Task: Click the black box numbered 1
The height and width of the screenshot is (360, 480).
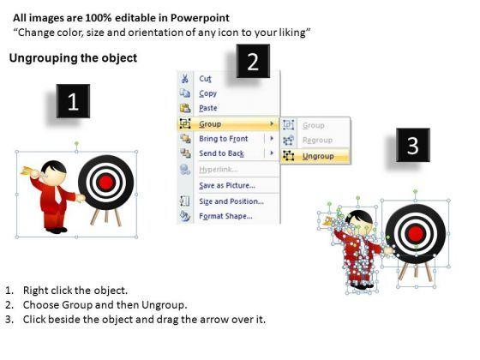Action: click(73, 101)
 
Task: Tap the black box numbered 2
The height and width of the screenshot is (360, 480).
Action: click(253, 61)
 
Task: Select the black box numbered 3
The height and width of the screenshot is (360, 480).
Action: click(413, 145)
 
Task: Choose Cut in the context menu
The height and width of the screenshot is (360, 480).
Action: click(205, 79)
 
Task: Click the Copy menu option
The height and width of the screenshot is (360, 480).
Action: click(207, 93)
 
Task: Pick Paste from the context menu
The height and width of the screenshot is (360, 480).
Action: click(208, 108)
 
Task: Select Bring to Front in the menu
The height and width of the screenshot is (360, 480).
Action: click(224, 139)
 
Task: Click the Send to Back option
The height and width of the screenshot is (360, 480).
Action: click(221, 153)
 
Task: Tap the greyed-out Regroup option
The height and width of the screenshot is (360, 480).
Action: click(317, 141)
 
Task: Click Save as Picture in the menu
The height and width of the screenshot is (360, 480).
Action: click(227, 185)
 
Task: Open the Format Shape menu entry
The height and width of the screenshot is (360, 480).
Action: click(226, 216)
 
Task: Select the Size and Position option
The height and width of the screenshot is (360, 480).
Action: click(231, 201)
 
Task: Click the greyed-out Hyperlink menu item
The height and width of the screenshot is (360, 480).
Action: click(219, 170)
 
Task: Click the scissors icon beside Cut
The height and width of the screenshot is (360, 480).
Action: click(184, 78)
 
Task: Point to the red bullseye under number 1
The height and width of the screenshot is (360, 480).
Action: click(105, 182)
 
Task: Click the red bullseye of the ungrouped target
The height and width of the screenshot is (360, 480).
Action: click(416, 234)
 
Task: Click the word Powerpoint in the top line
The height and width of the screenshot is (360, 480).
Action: click(200, 18)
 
